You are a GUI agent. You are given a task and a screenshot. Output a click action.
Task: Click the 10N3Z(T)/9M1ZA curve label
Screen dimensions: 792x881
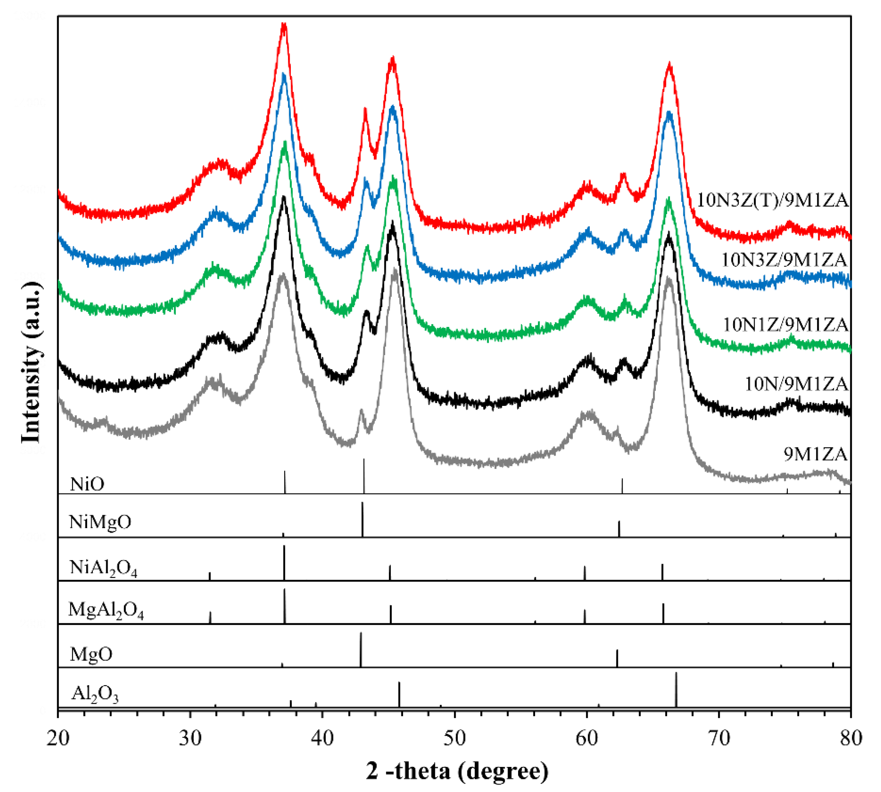pyautogui.click(x=772, y=200)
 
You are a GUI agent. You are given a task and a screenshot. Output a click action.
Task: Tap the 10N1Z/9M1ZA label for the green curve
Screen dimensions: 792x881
pyautogui.click(x=785, y=324)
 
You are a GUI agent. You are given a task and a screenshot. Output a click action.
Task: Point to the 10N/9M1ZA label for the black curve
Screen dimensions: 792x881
pyautogui.click(x=796, y=384)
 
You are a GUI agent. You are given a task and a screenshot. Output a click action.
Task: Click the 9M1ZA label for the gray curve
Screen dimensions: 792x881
pyautogui.click(x=815, y=454)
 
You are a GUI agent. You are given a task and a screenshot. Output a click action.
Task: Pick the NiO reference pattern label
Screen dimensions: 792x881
pyautogui.click(x=87, y=484)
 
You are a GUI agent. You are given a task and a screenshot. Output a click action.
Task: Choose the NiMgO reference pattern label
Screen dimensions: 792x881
pyautogui.click(x=100, y=521)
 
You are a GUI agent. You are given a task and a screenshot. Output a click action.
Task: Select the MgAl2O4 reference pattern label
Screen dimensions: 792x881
pyautogui.click(x=106, y=611)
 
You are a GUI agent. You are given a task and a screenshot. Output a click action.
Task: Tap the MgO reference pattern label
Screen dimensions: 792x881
pyautogui.click(x=91, y=654)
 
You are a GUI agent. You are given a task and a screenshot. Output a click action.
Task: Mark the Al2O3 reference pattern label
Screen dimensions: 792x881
pyautogui.click(x=94, y=693)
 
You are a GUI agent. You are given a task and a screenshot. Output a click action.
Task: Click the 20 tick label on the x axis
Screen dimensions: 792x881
pyautogui.click(x=58, y=738)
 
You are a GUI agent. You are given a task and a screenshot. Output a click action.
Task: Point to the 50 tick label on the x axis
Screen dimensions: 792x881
pyautogui.click(x=454, y=738)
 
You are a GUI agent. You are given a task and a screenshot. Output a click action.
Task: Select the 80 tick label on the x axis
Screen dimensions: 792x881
pyautogui.click(x=850, y=738)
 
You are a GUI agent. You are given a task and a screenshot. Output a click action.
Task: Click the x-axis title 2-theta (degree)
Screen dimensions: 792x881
pyautogui.click(x=457, y=771)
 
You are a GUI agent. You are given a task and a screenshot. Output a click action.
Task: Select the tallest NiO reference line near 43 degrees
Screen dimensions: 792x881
pyautogui.click(x=364, y=475)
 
